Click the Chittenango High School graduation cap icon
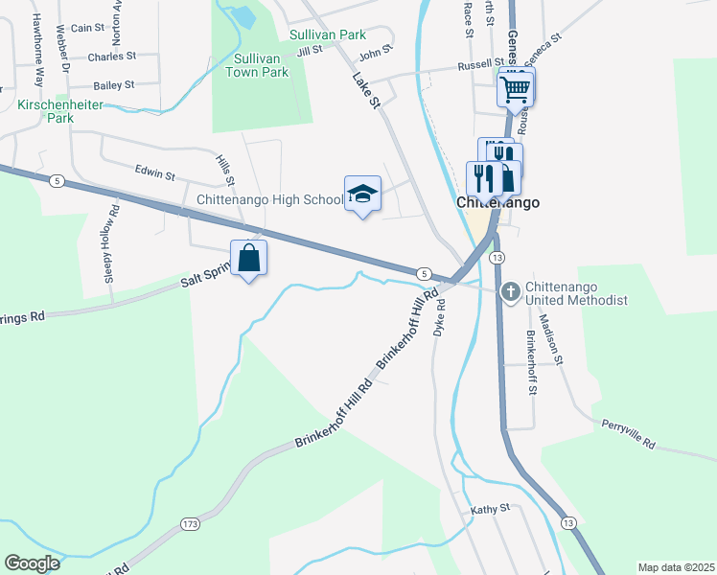pyautogui.click(x=362, y=195)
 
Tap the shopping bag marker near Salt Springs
pyautogui.click(x=248, y=258)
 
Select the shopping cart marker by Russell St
pyautogui.click(x=516, y=90)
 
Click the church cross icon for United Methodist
pyautogui.click(x=511, y=289)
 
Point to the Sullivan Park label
pyautogui.click(x=328, y=34)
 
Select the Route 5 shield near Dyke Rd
pyautogui.click(x=424, y=273)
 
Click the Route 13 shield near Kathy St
pyautogui.click(x=568, y=522)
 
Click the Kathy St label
pyautogui.click(x=490, y=509)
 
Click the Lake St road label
pyautogui.click(x=366, y=90)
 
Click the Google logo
pyautogui.click(x=33, y=563)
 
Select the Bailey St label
pyautogui.click(x=113, y=84)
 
